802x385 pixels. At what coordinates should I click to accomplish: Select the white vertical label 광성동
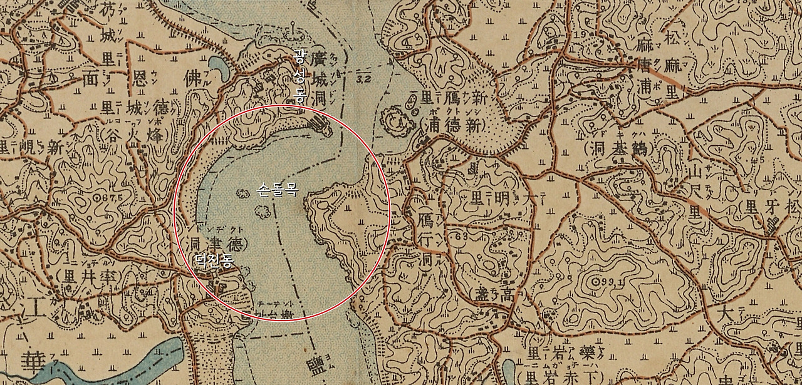tap(299, 78)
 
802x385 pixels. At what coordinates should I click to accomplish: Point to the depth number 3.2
tap(363, 80)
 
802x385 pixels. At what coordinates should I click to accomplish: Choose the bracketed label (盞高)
tap(492, 292)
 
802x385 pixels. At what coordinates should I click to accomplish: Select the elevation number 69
tap(465, 238)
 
